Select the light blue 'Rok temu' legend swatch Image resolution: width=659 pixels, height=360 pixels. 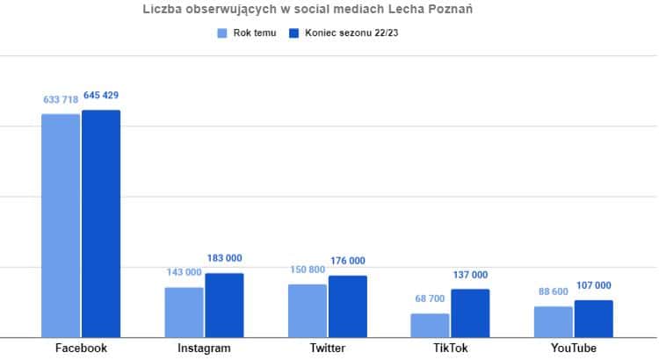[223, 33]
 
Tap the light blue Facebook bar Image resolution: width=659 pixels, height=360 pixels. [61, 225]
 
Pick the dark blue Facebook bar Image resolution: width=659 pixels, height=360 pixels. [101, 223]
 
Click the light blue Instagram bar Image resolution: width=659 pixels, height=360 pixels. [184, 312]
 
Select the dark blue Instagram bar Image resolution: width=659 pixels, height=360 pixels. [224, 305]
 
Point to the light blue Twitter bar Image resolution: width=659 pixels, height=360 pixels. [307, 310]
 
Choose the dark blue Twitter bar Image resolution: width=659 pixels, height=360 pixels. [347, 306]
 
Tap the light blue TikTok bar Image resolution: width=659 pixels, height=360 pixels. [430, 325]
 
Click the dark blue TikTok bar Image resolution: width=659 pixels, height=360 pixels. [470, 313]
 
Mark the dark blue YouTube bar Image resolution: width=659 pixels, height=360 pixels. [593, 318]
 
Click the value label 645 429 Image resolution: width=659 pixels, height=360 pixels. [102, 96]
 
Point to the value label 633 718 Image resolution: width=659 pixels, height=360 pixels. [61, 100]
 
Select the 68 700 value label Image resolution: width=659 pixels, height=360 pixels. [430, 299]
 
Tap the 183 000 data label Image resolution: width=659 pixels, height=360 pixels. [224, 258]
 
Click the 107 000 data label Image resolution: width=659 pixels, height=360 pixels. [593, 285]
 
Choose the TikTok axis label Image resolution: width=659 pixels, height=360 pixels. [450, 348]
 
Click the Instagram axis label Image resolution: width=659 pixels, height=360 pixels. [204, 348]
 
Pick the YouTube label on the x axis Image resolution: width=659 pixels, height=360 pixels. [573, 348]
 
